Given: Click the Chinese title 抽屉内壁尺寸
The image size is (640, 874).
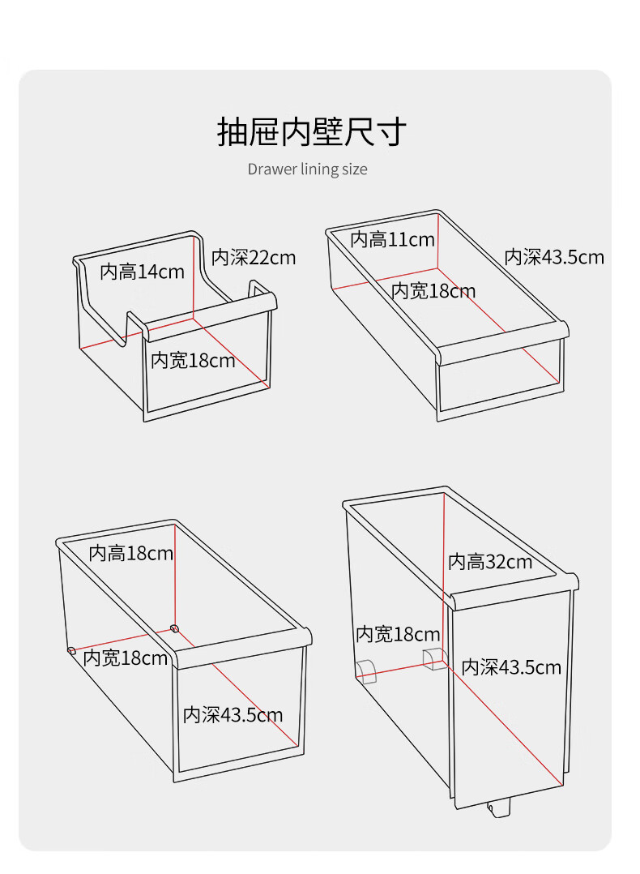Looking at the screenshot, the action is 312,131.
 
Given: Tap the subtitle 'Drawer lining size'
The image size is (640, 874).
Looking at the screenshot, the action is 307,169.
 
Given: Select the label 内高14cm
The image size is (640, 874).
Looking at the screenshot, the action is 142,272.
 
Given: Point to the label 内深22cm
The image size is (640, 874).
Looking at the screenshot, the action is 254,258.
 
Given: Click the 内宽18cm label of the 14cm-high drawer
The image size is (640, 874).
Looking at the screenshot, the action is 193,360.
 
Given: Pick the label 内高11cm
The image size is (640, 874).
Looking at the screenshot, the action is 392,239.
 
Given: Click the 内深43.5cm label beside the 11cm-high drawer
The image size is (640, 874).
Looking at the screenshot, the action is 554,257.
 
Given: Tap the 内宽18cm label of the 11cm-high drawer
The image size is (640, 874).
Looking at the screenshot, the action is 433,291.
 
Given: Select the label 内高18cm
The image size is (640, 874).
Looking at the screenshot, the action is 130,553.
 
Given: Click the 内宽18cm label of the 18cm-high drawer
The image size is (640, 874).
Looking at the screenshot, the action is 126,658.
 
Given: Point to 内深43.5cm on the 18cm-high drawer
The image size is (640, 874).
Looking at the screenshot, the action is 233,714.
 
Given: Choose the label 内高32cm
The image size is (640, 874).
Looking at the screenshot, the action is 489,561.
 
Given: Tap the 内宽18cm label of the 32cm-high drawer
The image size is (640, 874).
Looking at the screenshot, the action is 398,634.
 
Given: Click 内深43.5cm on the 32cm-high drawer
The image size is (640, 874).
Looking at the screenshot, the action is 511,667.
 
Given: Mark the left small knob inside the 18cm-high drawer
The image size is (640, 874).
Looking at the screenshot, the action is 71,649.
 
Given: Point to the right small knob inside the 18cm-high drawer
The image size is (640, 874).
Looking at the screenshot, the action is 174,628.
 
